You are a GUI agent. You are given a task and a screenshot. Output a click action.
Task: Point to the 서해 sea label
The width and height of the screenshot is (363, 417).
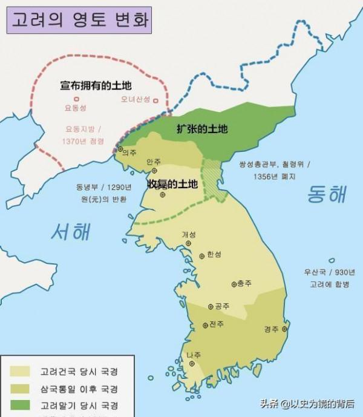tap(71, 231)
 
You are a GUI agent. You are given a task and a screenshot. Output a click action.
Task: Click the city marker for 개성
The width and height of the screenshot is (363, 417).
tap(189, 243)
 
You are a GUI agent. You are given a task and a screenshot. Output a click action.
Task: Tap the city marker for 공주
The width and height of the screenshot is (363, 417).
tap(211, 306)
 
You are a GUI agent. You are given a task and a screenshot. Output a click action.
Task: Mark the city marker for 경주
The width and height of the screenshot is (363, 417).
tap(285, 330)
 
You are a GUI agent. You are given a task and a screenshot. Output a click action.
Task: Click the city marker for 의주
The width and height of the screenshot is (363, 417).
tap(120, 149)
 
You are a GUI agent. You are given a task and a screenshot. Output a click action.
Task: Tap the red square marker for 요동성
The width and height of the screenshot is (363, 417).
tap(76, 99)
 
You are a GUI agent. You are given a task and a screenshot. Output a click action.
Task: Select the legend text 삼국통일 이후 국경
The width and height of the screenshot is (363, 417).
tap(79, 388)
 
